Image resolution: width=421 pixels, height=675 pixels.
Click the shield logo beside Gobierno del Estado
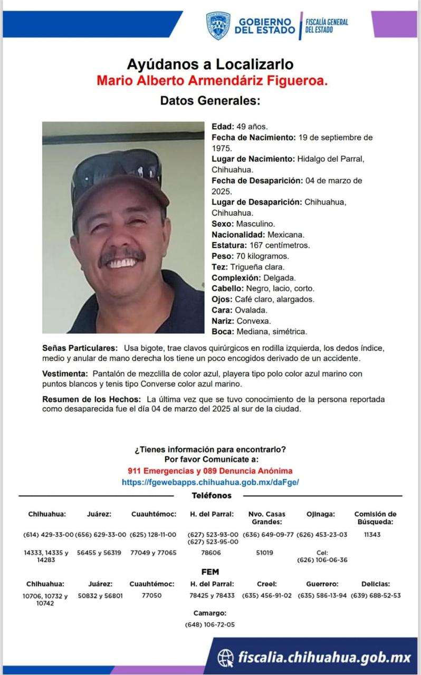[x=218, y=25]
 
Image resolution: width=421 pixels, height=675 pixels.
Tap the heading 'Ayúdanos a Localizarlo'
[x=210, y=65]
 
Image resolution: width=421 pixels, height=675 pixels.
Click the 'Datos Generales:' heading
[x=210, y=100]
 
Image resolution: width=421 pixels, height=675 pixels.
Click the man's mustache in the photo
[x=123, y=256]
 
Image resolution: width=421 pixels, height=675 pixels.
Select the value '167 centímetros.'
[x=279, y=245]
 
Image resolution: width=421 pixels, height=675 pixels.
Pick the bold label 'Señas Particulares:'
[x=80, y=349]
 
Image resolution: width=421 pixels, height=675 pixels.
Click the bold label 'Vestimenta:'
[x=66, y=373]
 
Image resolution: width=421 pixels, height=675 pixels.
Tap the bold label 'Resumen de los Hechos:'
[x=91, y=399]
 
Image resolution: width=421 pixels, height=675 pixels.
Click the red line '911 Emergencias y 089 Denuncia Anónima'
[x=210, y=470]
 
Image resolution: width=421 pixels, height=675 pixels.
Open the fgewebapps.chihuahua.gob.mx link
[x=210, y=482]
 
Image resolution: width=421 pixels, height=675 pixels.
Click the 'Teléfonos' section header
[x=212, y=496]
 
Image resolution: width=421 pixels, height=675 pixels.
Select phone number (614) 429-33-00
[x=49, y=534]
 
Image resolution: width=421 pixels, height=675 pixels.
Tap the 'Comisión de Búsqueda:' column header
[x=375, y=518]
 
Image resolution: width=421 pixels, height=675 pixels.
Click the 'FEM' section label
[x=210, y=572]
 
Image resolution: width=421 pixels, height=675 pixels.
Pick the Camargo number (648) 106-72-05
[x=210, y=624]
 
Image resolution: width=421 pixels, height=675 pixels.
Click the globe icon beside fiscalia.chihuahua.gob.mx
[x=226, y=657]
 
